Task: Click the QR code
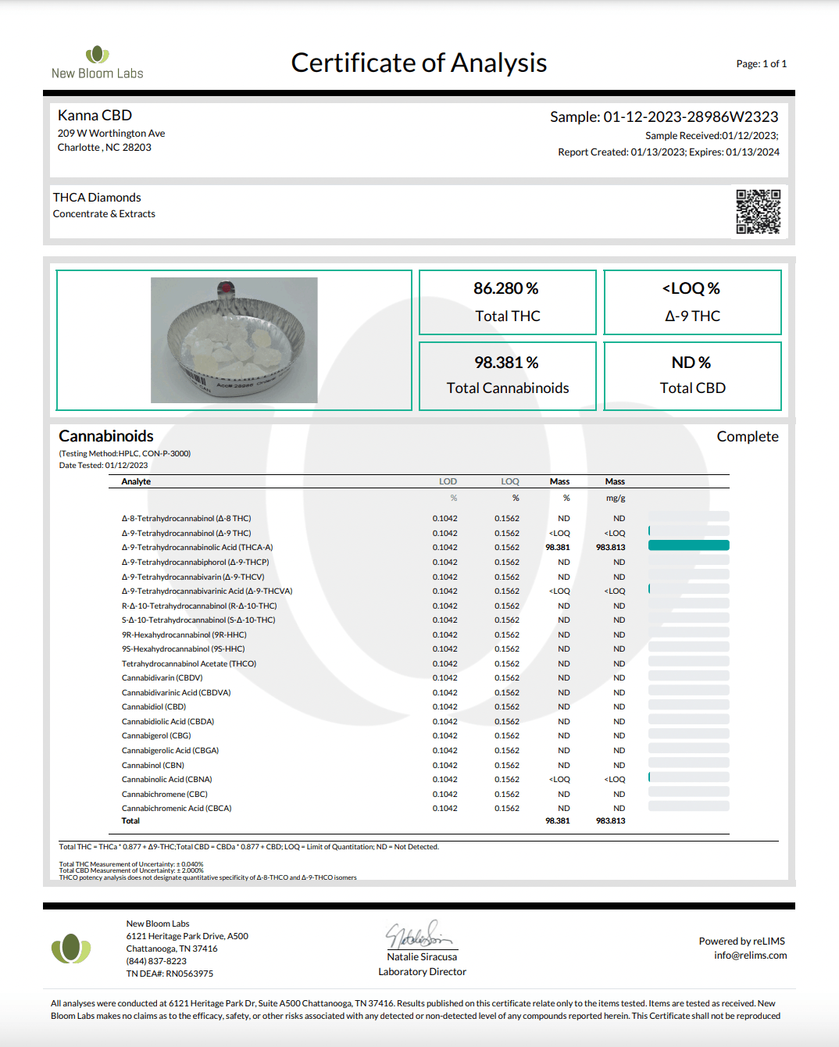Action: click(x=758, y=211)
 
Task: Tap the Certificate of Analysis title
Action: click(x=419, y=63)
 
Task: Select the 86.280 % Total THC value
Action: click(x=506, y=289)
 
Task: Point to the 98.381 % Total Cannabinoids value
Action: click(x=506, y=363)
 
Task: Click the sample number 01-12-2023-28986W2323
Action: click(x=691, y=117)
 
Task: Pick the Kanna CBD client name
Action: click(x=95, y=116)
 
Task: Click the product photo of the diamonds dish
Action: click(x=234, y=340)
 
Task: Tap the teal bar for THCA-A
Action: click(x=688, y=545)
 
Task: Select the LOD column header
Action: click(x=448, y=481)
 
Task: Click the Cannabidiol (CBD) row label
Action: click(x=154, y=707)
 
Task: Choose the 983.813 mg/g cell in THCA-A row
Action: click(x=611, y=548)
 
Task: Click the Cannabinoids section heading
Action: click(x=106, y=436)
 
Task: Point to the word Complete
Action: click(x=748, y=437)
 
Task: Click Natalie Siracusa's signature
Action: click(x=419, y=934)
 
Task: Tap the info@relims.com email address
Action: click(x=750, y=956)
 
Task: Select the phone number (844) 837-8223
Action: click(x=156, y=961)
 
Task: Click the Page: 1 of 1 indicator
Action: click(x=761, y=64)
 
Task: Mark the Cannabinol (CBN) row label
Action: click(x=153, y=766)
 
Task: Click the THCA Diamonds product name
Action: click(x=97, y=198)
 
